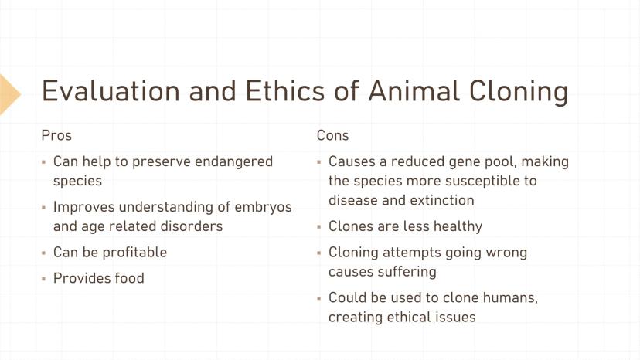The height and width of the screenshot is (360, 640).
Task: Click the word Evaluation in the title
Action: click(111, 90)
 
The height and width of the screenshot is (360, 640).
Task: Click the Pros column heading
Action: click(56, 135)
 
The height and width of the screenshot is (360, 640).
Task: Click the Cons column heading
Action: click(332, 135)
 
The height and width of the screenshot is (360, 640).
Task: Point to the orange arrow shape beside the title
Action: click(9, 94)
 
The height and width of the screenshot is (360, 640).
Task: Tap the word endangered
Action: click(233, 161)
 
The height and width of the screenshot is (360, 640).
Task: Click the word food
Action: click(129, 278)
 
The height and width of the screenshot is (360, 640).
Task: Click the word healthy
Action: click(458, 227)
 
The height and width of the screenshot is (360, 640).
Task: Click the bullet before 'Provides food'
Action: click(44, 280)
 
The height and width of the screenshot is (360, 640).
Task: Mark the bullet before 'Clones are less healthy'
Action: click(319, 227)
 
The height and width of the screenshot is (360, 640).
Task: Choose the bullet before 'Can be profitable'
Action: click(44, 253)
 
